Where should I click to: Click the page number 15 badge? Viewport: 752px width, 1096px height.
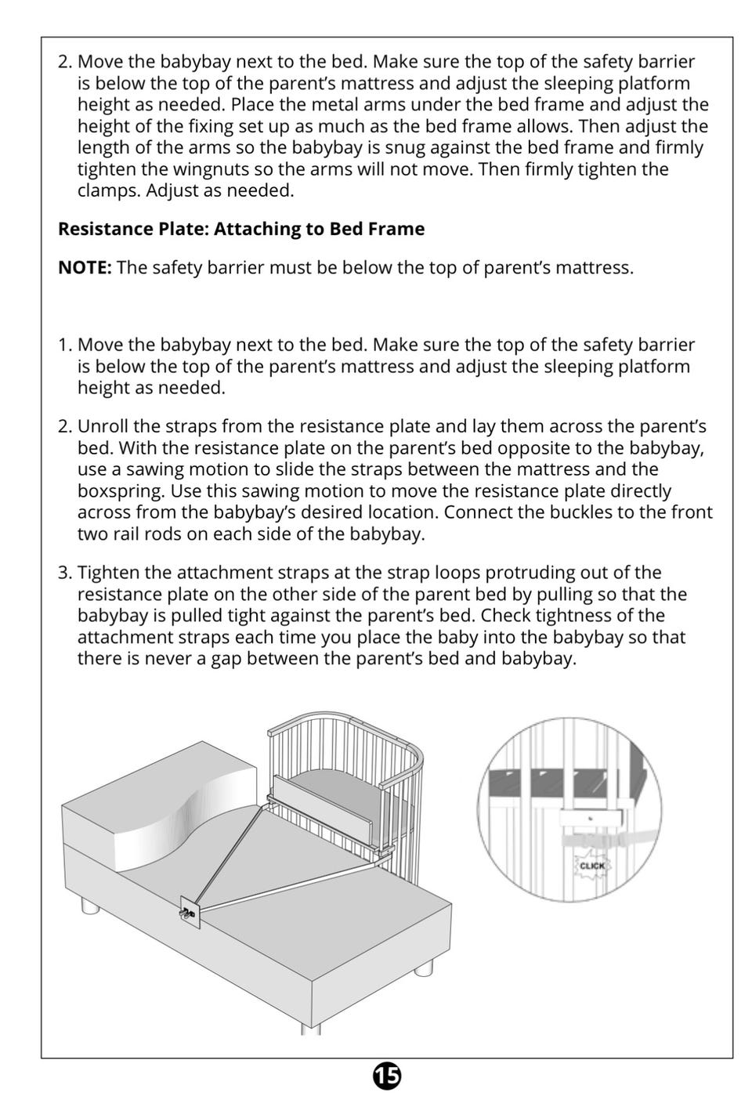(386, 1076)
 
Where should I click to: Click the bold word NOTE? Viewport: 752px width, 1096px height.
(85, 268)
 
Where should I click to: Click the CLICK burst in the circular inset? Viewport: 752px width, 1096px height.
(592, 865)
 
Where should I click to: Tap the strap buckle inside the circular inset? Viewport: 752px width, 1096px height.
(595, 841)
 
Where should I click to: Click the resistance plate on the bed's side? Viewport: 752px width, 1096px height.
(190, 912)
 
